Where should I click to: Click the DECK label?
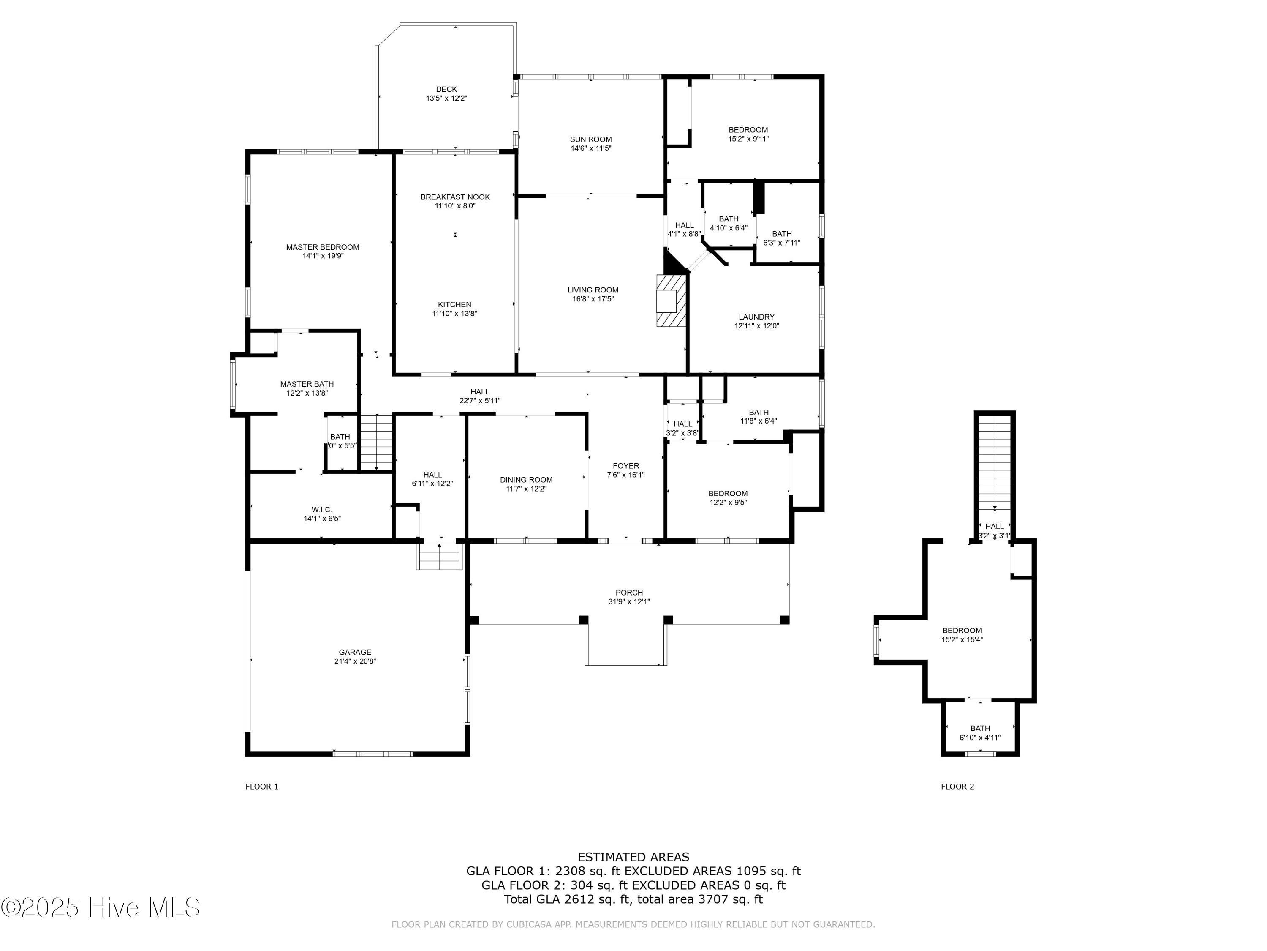click(x=446, y=90)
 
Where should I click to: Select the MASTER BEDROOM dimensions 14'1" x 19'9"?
click(x=323, y=256)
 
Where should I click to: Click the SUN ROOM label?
click(x=590, y=139)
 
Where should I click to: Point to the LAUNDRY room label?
click(x=756, y=317)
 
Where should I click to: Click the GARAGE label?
click(x=355, y=652)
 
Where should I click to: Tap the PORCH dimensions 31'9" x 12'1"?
click(x=629, y=602)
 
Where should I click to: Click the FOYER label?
click(x=625, y=466)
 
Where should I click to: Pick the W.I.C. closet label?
click(x=321, y=510)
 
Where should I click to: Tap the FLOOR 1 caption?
click(x=262, y=787)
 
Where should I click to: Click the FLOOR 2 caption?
click(x=957, y=787)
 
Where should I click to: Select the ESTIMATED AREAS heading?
click(x=633, y=857)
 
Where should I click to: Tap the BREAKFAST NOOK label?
click(x=455, y=197)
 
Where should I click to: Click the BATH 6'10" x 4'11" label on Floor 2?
click(x=980, y=729)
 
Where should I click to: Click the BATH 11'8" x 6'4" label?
click(x=759, y=412)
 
